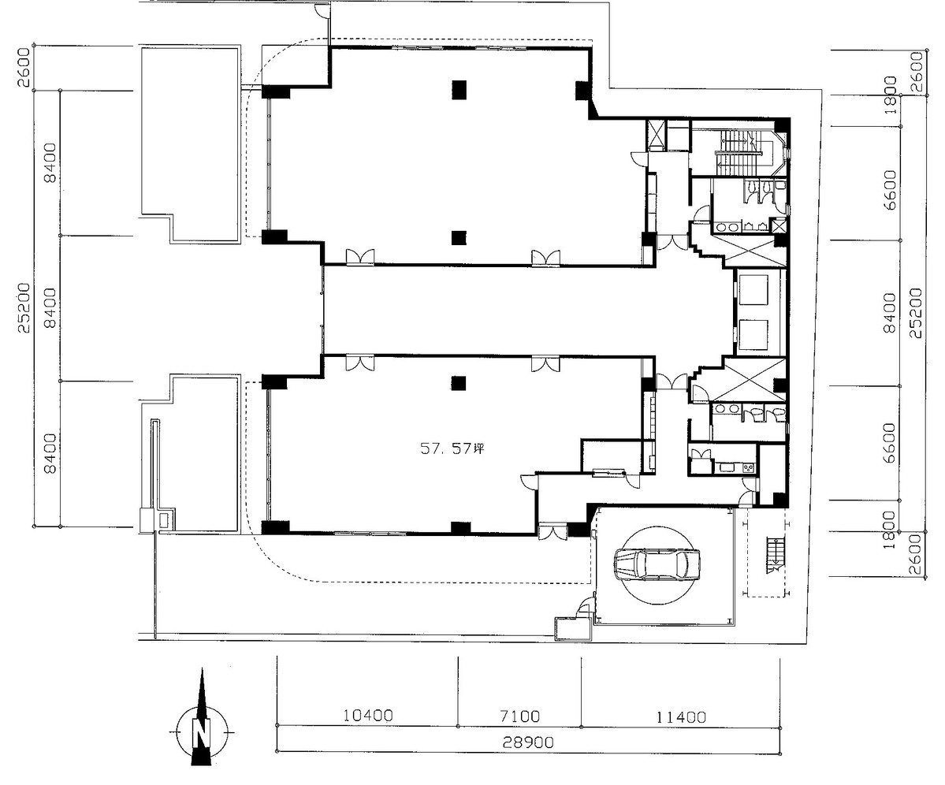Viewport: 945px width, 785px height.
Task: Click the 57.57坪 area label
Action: point(452,448)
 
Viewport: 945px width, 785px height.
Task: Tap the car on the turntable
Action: point(657,564)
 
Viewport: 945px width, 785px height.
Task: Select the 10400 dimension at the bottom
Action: point(367,716)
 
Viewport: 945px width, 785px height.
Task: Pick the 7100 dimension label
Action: point(520,716)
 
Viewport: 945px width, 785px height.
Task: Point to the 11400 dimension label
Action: point(681,717)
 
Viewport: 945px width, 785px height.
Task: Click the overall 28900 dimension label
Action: point(528,742)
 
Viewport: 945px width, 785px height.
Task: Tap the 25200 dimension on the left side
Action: point(24,308)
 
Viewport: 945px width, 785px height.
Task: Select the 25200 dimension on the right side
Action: point(916,313)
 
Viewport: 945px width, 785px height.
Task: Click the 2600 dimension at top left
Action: point(24,68)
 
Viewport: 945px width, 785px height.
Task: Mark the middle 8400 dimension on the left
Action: point(50,308)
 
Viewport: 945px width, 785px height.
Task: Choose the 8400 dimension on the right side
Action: point(890,313)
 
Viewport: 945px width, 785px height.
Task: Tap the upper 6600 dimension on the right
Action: point(890,189)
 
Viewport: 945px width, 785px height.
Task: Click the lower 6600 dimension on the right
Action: point(890,442)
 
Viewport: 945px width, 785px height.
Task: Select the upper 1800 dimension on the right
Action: point(890,95)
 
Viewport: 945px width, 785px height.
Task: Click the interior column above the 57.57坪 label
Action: point(459,382)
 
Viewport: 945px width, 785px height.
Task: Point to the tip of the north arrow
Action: point(203,668)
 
